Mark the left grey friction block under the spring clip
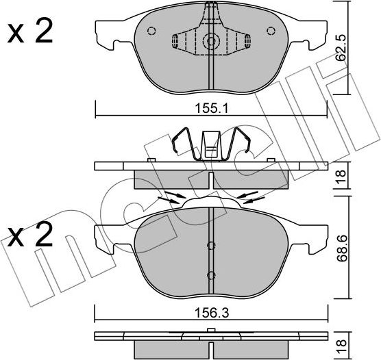pos(171,180)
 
